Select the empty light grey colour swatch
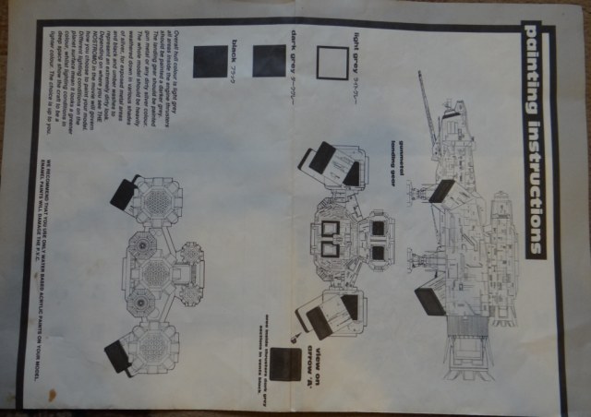(332, 62)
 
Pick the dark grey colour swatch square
(269, 60)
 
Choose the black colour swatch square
(210, 62)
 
